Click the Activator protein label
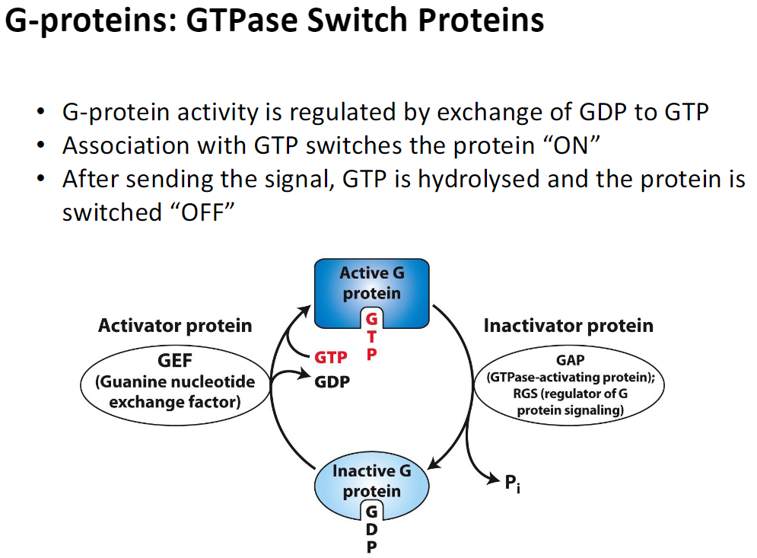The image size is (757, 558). click(174, 326)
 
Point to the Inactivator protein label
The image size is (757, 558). click(568, 326)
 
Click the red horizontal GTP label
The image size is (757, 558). click(331, 357)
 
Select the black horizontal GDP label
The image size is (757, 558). click(332, 381)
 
